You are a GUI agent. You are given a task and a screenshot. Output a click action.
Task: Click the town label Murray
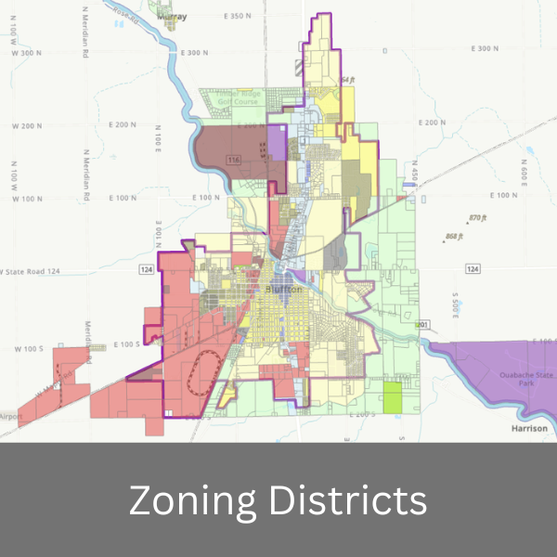tap(199, 17)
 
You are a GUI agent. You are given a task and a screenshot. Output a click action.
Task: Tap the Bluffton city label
tap(285, 290)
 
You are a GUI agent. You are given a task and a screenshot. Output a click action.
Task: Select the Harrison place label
tap(531, 429)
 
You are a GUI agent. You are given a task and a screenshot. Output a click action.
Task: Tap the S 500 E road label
tap(456, 305)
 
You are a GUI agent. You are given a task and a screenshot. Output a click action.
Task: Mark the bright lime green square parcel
tap(394, 397)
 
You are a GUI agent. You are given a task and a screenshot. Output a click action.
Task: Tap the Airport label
tap(9, 417)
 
